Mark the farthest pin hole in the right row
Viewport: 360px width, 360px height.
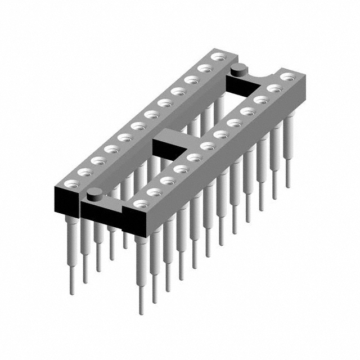coord(287,76)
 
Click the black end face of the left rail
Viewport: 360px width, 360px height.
coord(67,200)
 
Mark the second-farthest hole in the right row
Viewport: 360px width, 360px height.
coord(274,88)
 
